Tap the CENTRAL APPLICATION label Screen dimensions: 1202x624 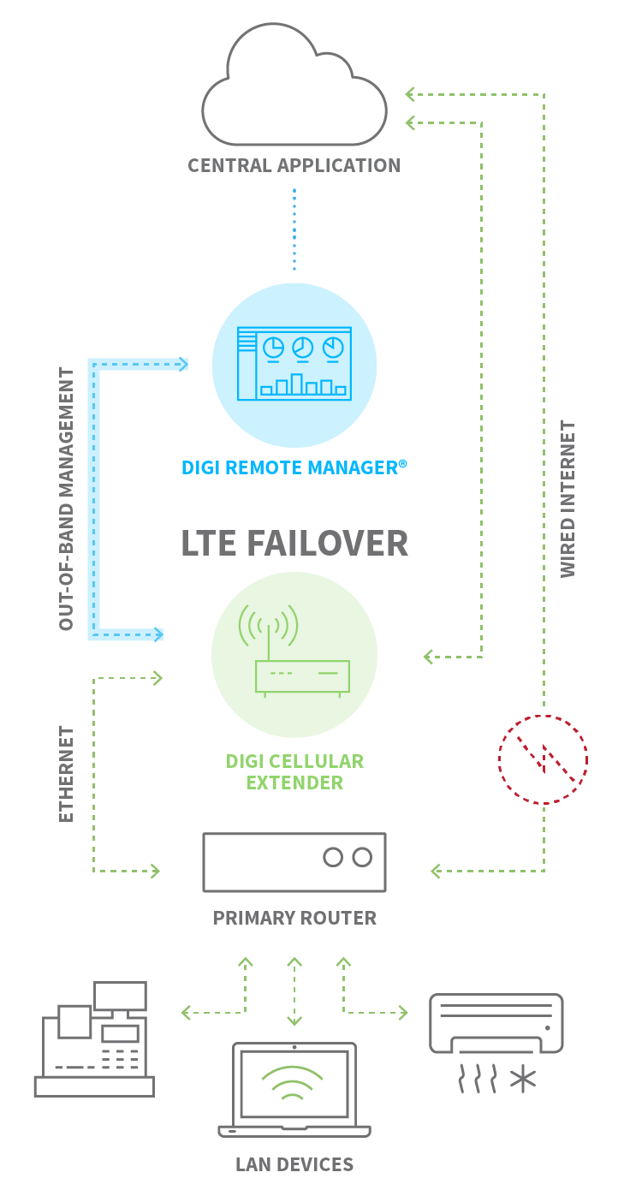(x=294, y=165)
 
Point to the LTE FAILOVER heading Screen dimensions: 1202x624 (x=294, y=544)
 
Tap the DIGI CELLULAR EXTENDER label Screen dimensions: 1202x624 (x=294, y=771)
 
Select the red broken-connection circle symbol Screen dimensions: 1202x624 (x=543, y=759)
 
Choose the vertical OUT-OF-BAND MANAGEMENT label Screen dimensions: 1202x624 (x=67, y=499)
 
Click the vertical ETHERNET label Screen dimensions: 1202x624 (x=67, y=774)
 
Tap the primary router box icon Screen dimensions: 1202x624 (x=294, y=862)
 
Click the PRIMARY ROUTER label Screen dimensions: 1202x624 (x=294, y=918)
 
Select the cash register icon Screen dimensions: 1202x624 (x=94, y=1039)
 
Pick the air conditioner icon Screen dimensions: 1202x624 (x=496, y=1024)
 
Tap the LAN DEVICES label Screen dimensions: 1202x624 (x=294, y=1164)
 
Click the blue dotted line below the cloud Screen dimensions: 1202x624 (x=294, y=229)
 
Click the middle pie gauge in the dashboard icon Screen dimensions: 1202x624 (x=302, y=348)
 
